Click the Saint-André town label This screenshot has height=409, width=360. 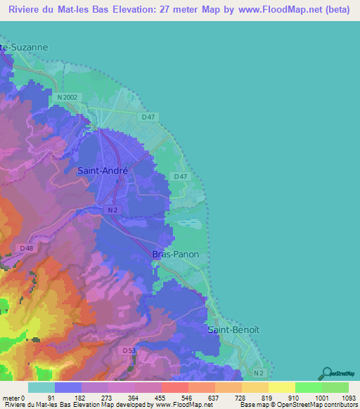[102, 170]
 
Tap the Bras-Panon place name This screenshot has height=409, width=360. [176, 254]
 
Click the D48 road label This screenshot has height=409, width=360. [27, 248]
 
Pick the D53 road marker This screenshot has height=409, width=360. [128, 350]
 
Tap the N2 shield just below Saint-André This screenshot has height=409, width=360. [112, 209]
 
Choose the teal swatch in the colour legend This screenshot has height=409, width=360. [41, 387]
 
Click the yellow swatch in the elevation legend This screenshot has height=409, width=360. [281, 387]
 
